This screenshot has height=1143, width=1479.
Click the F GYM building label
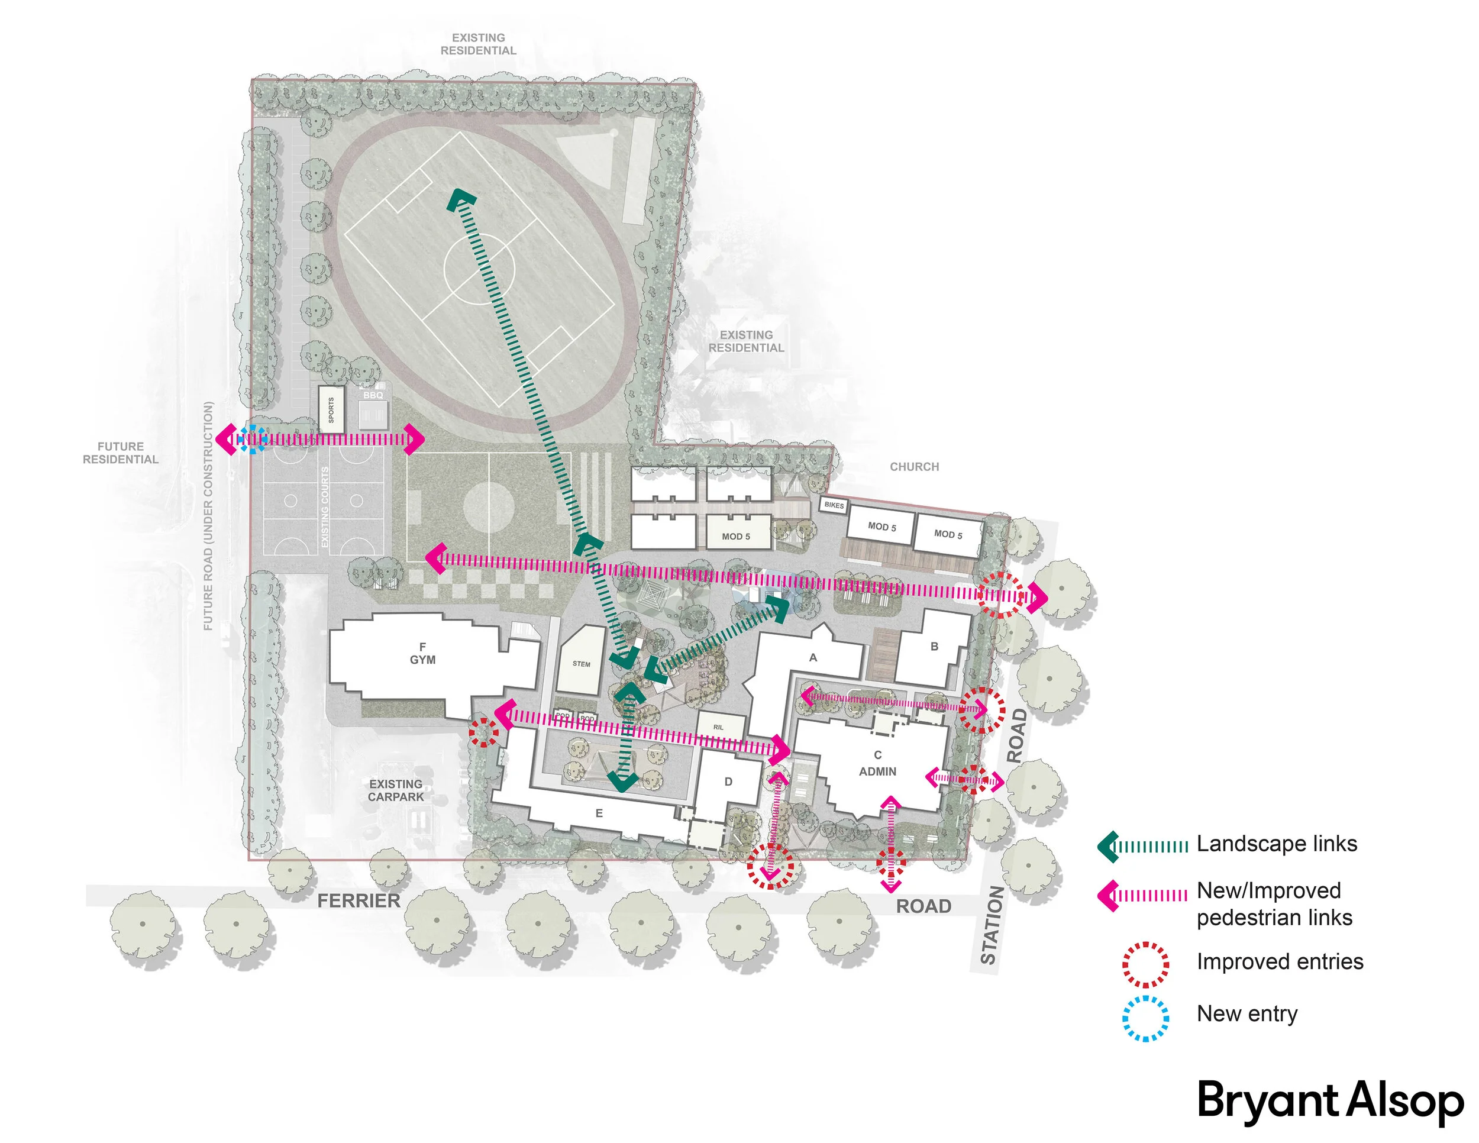422,653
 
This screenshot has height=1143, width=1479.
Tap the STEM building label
581,664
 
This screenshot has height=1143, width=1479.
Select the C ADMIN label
878,763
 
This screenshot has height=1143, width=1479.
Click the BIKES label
834,505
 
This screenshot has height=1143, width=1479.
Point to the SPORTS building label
331,409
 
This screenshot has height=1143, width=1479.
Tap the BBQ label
373,395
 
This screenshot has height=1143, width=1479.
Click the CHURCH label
914,467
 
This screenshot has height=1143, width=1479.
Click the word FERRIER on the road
359,900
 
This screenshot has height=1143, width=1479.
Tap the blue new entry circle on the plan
253,440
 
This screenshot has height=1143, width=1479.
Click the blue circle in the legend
1145,1018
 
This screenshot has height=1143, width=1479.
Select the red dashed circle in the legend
1145,964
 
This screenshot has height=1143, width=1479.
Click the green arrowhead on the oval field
462,199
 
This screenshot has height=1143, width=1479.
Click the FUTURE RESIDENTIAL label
121,453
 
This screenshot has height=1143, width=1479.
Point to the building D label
728,782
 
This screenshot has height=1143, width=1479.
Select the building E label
599,813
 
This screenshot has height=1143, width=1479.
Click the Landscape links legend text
1277,844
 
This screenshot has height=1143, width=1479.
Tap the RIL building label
719,727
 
